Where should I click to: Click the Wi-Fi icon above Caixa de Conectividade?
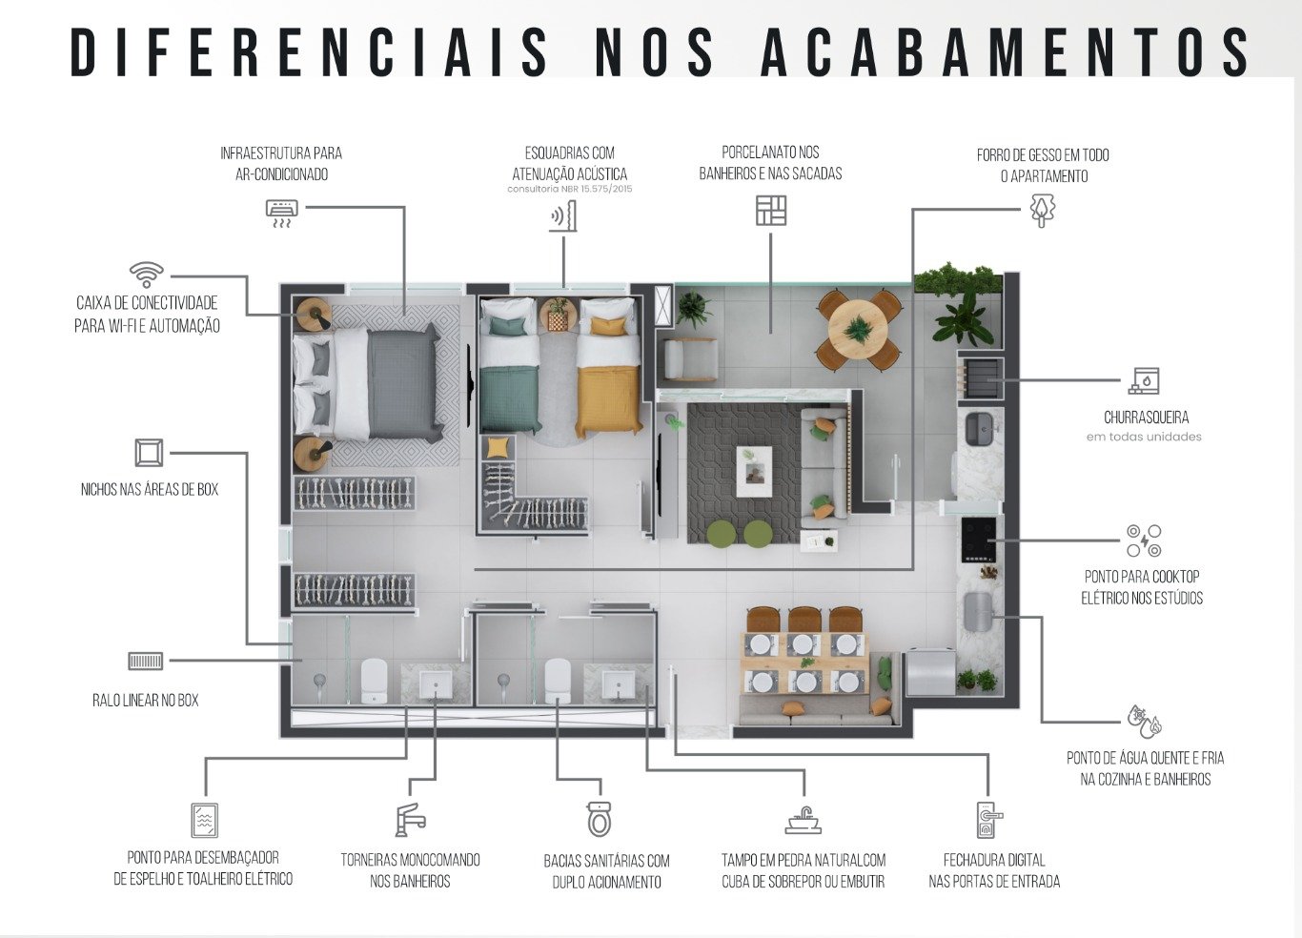pyautogui.click(x=147, y=274)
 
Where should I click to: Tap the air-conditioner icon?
pyautogui.click(x=282, y=214)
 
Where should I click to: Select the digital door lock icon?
pyautogui.click(x=989, y=820)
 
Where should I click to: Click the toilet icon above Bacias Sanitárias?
pyautogui.click(x=600, y=819)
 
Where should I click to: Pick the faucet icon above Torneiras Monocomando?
pyautogui.click(x=411, y=820)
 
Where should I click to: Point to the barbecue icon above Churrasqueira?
pyautogui.click(x=1144, y=380)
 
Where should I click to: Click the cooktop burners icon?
pyautogui.click(x=1144, y=540)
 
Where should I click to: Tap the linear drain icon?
pyautogui.click(x=145, y=661)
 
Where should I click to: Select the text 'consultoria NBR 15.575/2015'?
pyautogui.click(x=570, y=189)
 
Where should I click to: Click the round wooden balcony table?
pyautogui.click(x=857, y=330)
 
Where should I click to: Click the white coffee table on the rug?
pyautogui.click(x=754, y=471)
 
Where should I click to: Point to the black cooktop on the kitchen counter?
pyautogui.click(x=978, y=540)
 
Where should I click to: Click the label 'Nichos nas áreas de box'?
pyautogui.click(x=150, y=489)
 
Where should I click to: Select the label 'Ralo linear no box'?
pyautogui.click(x=145, y=701)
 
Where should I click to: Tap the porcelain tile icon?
pyautogui.click(x=771, y=211)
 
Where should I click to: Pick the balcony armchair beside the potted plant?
pyautogui.click(x=690, y=359)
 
